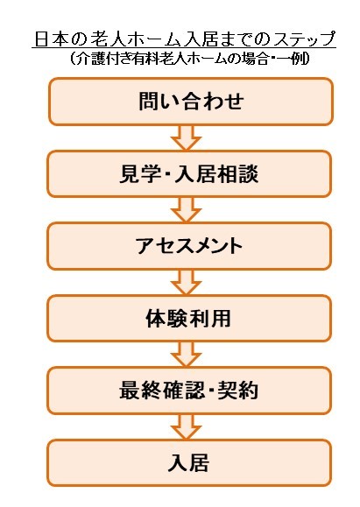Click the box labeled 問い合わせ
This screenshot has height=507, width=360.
click(191, 102)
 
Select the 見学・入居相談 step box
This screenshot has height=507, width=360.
click(189, 174)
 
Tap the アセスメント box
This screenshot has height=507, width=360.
click(189, 246)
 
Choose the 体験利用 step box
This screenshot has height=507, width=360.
click(189, 318)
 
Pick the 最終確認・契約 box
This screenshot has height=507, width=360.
click(189, 391)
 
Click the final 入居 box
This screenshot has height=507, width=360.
click(189, 462)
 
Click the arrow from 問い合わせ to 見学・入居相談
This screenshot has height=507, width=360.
click(187, 138)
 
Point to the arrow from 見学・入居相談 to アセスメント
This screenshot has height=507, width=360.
click(187, 210)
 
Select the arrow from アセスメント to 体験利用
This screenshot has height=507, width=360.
click(187, 283)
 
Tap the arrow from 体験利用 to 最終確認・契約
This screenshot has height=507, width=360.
click(187, 355)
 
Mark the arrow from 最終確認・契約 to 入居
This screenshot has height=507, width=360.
click(187, 427)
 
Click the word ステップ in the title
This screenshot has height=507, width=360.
click(304, 39)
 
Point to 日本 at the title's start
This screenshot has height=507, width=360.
click(48, 39)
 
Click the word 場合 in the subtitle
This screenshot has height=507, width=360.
click(254, 59)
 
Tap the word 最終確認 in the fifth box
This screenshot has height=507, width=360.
click(162, 391)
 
